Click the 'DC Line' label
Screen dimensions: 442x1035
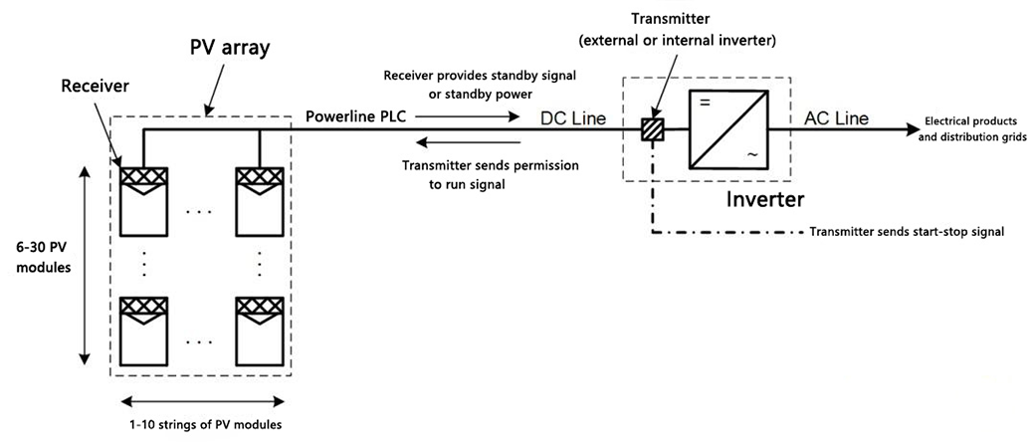(x=573, y=117)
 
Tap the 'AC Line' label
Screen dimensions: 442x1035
(x=835, y=117)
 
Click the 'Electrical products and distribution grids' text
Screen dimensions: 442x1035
(x=969, y=127)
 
